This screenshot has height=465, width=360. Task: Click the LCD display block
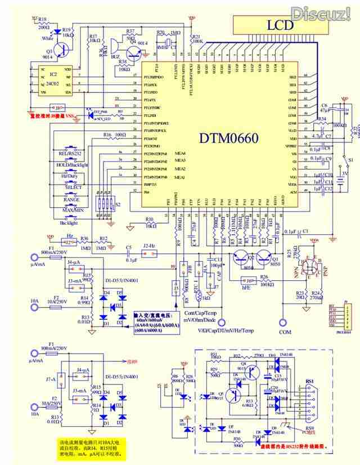pyautogui.click(x=280, y=25)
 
